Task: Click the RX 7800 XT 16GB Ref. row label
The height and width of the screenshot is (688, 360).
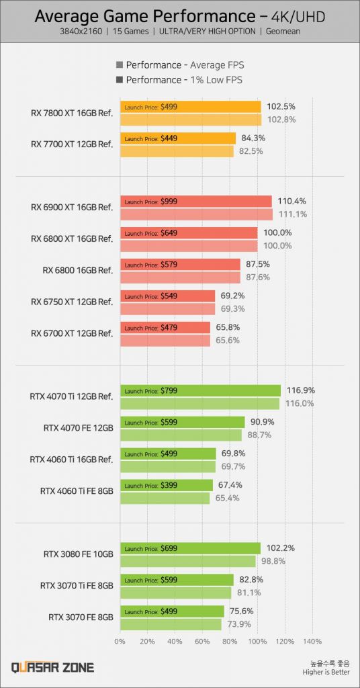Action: [72, 112]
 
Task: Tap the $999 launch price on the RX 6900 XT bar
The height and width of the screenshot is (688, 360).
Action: [169, 202]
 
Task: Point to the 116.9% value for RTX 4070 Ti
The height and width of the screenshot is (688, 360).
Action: [300, 390]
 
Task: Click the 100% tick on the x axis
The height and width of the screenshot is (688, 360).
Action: [257, 641]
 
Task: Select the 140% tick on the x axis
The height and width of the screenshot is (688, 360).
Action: [312, 641]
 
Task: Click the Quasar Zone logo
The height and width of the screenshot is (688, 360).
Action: [52, 667]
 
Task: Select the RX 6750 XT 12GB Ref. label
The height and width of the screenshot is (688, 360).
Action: [72, 302]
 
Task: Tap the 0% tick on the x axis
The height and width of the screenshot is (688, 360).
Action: [120, 641]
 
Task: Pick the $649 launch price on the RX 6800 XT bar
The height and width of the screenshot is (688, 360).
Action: [169, 233]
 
